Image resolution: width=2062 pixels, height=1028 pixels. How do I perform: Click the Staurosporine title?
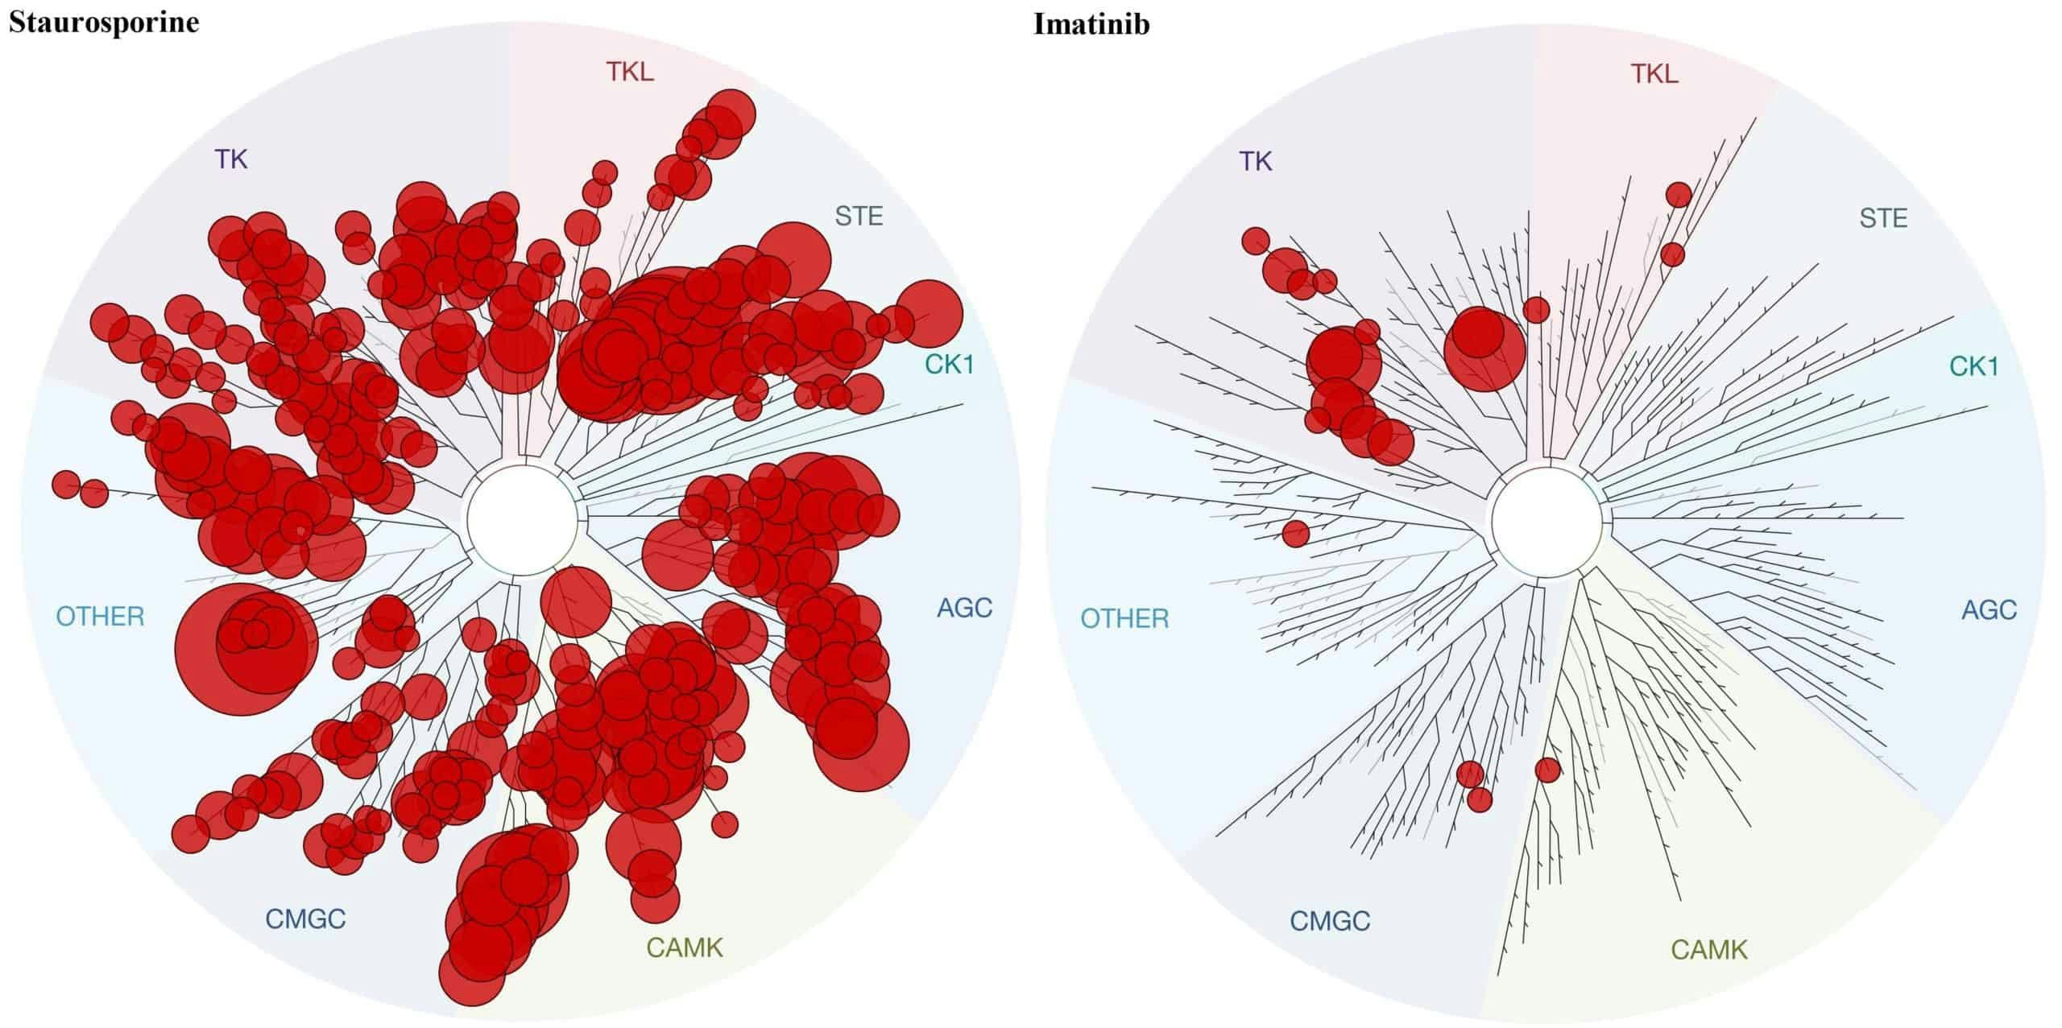click(x=104, y=23)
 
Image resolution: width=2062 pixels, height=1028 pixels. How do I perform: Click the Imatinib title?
click(x=1091, y=24)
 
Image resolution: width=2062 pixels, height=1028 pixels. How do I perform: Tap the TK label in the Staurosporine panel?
click(x=231, y=159)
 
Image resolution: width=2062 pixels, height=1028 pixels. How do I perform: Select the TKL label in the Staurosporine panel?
click(x=630, y=72)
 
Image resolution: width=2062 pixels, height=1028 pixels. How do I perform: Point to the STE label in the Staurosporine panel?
click(x=859, y=216)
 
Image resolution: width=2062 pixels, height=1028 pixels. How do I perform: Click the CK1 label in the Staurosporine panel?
click(x=949, y=365)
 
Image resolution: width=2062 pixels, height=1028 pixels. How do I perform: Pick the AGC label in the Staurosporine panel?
click(x=964, y=608)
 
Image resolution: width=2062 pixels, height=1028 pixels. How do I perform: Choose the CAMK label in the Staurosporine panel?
click(x=685, y=947)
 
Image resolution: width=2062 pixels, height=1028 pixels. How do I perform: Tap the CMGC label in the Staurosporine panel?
click(x=305, y=919)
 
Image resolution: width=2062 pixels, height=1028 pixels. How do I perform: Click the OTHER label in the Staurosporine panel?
click(x=100, y=617)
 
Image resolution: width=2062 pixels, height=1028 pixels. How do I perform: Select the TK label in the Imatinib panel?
click(x=1256, y=161)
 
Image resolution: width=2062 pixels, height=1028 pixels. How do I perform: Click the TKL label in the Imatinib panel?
click(x=1654, y=74)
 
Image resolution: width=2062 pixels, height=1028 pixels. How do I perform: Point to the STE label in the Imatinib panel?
click(x=1883, y=217)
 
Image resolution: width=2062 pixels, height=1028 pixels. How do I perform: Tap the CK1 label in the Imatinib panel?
click(x=1973, y=366)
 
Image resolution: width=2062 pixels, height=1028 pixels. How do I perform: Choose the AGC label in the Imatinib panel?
click(x=1989, y=609)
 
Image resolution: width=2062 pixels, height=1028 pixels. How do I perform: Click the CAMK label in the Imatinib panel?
click(x=1709, y=950)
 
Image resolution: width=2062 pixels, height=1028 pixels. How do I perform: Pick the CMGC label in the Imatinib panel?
click(x=1330, y=920)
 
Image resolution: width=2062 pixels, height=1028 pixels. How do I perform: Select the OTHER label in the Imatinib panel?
click(x=1124, y=618)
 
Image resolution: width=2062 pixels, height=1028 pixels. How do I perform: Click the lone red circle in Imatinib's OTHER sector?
click(x=1296, y=533)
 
